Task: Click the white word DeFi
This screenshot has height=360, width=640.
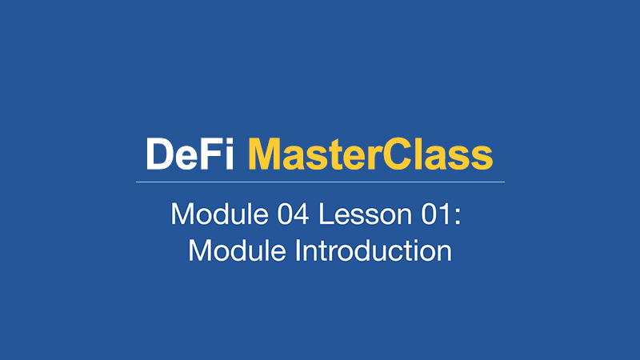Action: pyautogui.click(x=190, y=154)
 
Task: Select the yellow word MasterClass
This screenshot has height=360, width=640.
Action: pyautogui.click(x=370, y=154)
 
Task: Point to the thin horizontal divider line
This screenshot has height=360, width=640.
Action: pyautogui.click(x=320, y=182)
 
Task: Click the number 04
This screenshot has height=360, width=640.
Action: pyautogui.click(x=293, y=214)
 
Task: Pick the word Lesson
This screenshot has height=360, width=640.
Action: pyautogui.click(x=366, y=214)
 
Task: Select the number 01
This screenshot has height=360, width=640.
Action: pyautogui.click(x=435, y=214)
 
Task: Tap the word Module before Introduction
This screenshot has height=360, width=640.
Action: pyautogui.click(x=237, y=250)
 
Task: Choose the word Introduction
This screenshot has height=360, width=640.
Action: pyautogui.click(x=374, y=250)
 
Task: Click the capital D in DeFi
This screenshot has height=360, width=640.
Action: pyautogui.click(x=161, y=154)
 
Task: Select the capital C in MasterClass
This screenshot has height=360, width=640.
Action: pyautogui.click(x=397, y=154)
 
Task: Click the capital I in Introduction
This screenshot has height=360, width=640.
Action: pyautogui.click(x=298, y=250)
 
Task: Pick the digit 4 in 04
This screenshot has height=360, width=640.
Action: pyautogui.click(x=301, y=214)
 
